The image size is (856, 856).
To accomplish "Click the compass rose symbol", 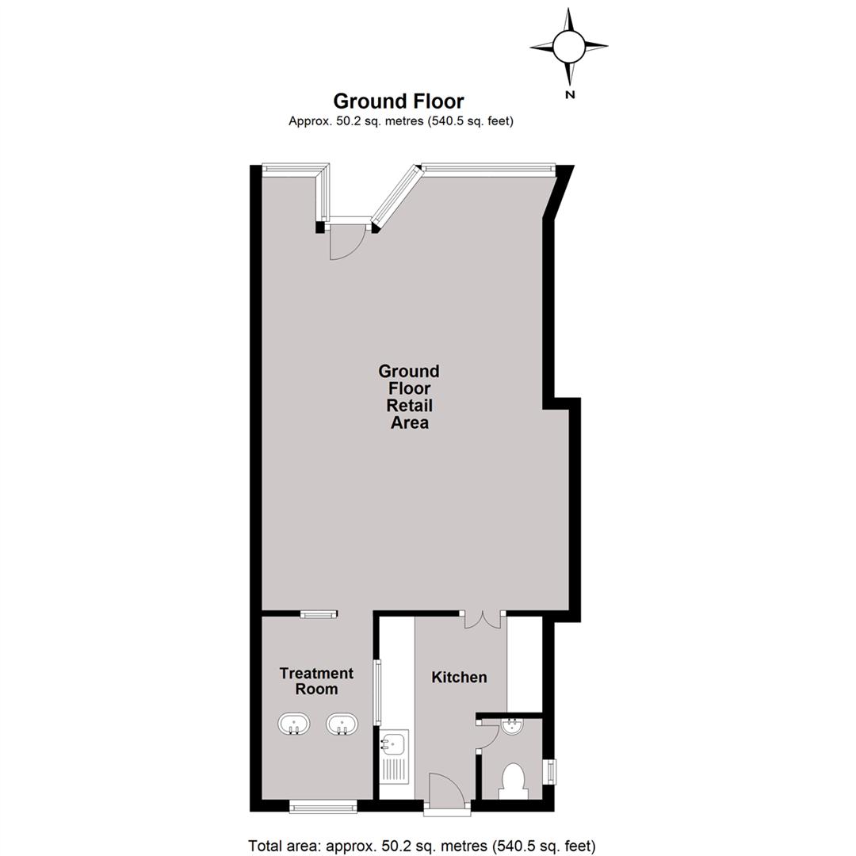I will point(569,46).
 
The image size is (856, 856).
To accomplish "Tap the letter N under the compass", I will point(569,95).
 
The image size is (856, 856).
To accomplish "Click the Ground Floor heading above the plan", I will point(398,101).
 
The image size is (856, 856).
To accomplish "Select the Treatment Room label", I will point(316,681).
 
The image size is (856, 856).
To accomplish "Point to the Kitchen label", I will point(459,678).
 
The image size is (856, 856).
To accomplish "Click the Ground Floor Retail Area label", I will point(408,396).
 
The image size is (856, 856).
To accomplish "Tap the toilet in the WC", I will point(513,779).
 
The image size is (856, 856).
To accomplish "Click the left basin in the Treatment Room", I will point(293,724).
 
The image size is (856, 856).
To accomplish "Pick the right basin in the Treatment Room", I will point(342,724).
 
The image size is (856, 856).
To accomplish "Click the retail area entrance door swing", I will point(346,242).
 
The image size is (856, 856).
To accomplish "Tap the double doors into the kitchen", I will point(483,620).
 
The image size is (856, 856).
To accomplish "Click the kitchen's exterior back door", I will point(446,789).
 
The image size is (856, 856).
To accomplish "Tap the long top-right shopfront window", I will point(485,167).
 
